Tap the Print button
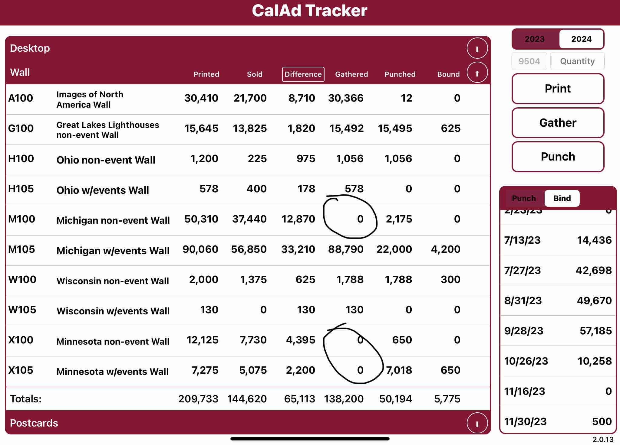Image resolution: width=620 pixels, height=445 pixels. [558, 89]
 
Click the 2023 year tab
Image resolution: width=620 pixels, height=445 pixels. [535, 39]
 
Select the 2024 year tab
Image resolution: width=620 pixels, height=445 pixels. [581, 39]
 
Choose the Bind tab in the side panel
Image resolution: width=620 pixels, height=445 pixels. [562, 198]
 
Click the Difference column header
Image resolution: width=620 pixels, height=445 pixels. [303, 74]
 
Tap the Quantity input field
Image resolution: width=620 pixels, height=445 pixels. [577, 61]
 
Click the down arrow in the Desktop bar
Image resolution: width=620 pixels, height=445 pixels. [477, 48]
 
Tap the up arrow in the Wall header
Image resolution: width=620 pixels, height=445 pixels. [477, 73]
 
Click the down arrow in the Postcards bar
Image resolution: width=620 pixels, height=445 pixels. [477, 423]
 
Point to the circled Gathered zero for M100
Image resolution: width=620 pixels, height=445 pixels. [360, 219]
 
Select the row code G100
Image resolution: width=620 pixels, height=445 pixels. [21, 128]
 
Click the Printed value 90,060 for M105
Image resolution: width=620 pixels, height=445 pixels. [200, 249]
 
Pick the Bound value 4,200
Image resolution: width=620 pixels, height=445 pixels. [446, 249]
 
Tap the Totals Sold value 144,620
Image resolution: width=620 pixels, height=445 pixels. [247, 399]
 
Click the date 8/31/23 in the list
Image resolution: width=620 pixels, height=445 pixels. [523, 301]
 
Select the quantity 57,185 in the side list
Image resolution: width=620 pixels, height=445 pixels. [595, 331]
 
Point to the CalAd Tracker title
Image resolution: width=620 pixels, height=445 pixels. [310, 11]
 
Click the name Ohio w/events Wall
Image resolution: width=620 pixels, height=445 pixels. [103, 190]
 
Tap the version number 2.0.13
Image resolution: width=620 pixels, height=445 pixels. [603, 440]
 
